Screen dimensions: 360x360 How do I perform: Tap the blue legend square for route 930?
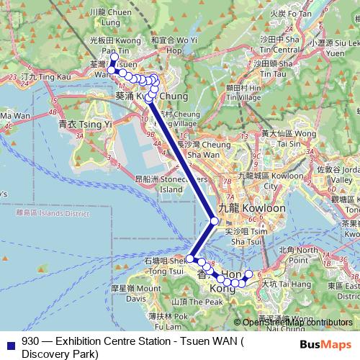10,343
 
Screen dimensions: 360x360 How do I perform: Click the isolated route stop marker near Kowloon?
214,221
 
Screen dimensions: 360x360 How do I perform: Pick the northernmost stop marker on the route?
114,55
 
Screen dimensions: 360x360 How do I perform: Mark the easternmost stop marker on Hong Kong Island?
249,274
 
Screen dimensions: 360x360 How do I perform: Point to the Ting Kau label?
37,75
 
